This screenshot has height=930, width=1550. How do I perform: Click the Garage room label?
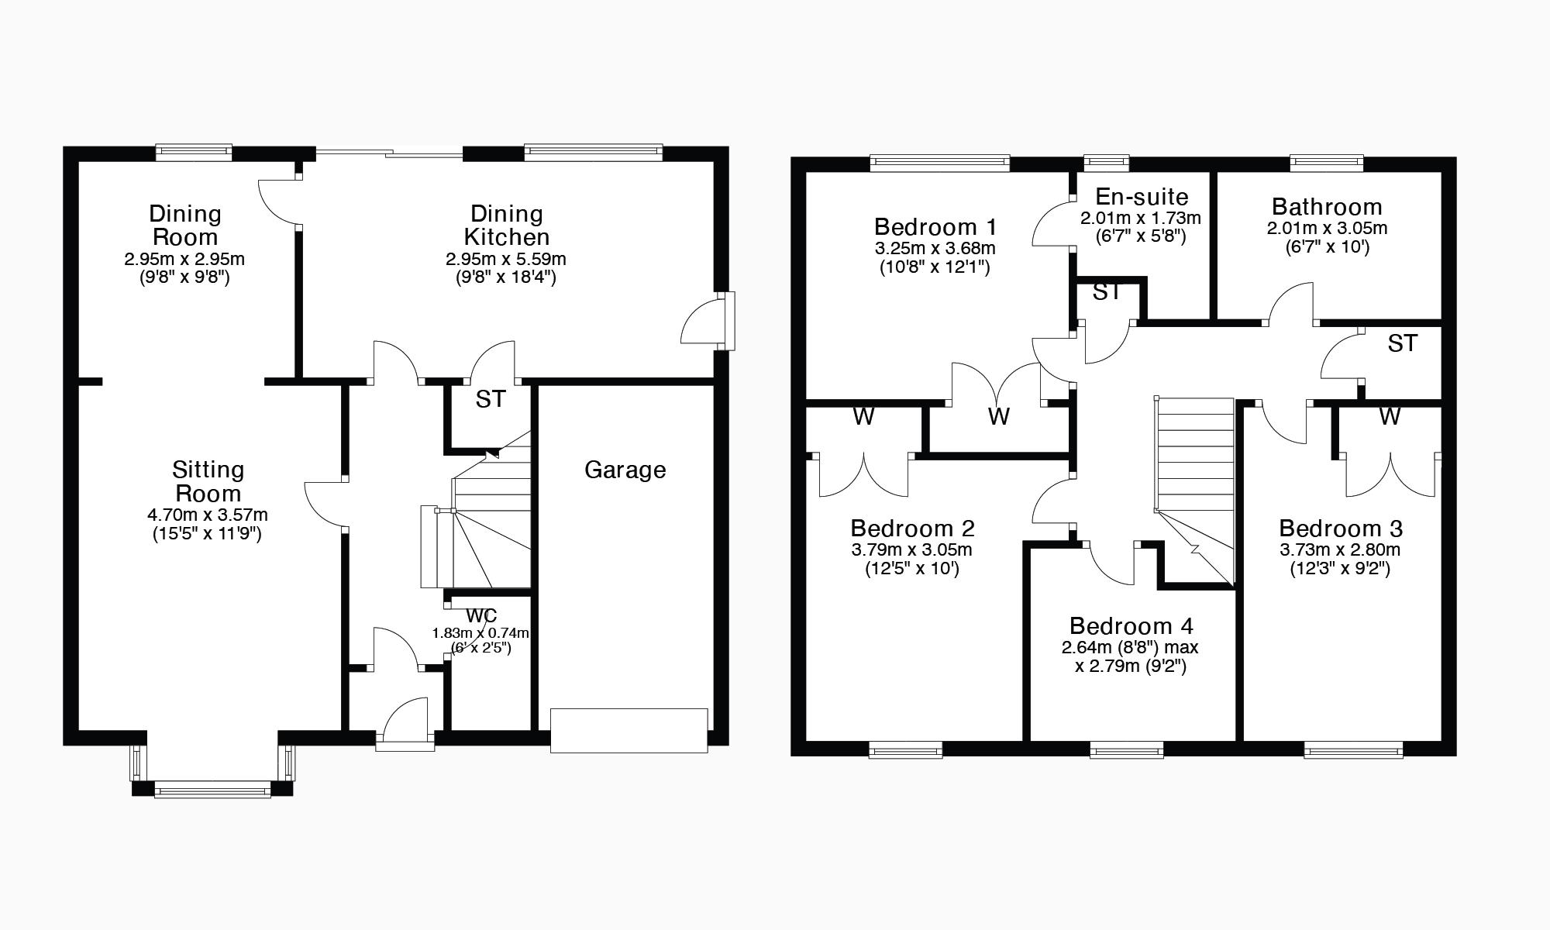pos(625,470)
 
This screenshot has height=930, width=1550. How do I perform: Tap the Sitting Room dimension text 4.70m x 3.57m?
pos(208,515)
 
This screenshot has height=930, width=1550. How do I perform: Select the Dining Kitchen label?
pos(506,225)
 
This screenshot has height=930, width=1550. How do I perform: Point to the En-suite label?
pos(1142,197)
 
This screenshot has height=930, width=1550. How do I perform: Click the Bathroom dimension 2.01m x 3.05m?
pos(1327,229)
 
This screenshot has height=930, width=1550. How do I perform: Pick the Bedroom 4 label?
pos(1131,625)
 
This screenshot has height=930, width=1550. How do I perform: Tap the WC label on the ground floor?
pos(481,615)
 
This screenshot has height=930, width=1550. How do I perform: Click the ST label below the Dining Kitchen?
pos(490,399)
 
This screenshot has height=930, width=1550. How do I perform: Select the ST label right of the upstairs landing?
pos(1402,343)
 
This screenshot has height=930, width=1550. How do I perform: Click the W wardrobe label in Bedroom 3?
pos(1390,417)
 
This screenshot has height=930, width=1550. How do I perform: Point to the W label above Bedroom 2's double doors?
pos(863,417)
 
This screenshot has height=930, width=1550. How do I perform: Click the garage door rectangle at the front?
pos(629,729)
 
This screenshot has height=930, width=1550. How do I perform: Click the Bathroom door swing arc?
pos(1290,304)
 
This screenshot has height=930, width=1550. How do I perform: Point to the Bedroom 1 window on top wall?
pos(939,162)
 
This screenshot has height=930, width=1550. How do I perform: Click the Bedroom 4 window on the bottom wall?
pos(1126,749)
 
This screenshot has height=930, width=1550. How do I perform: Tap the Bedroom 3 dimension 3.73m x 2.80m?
pos(1340,550)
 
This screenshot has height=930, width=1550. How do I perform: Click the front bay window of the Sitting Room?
pos(212,790)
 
